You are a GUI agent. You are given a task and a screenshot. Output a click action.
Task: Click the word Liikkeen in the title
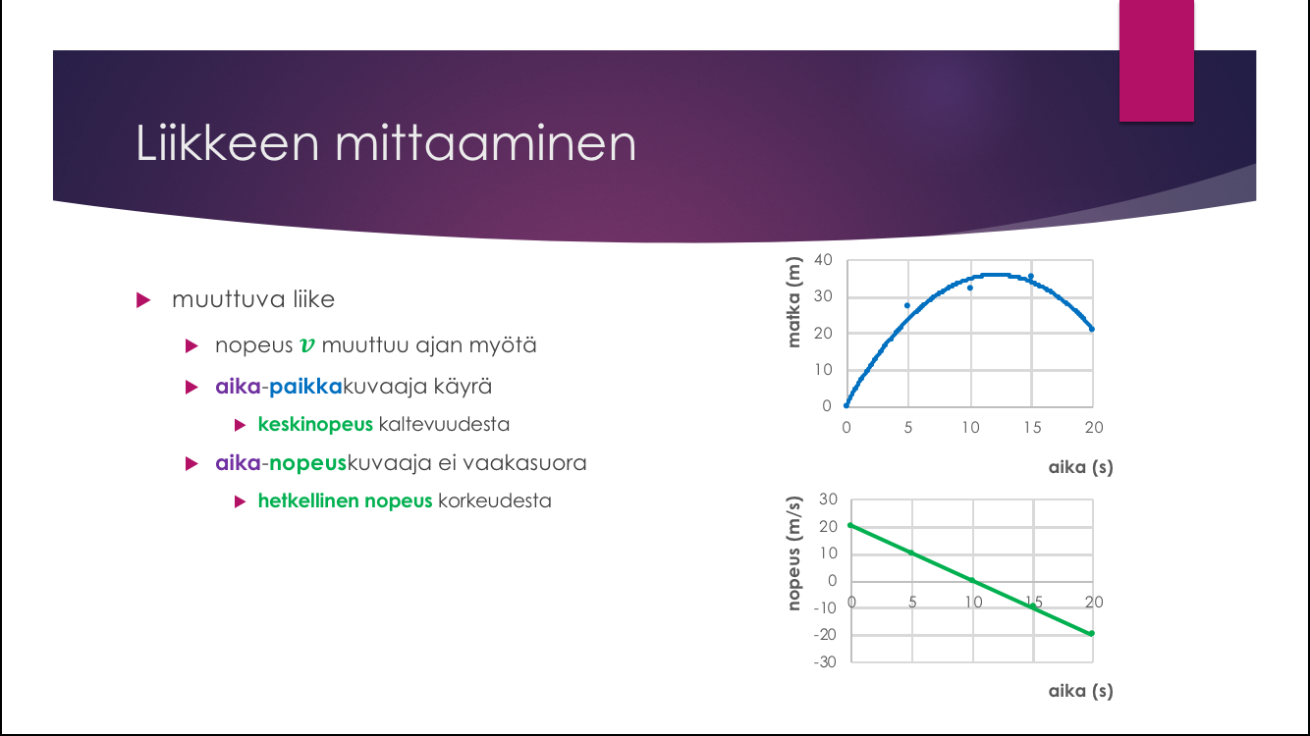point(228,142)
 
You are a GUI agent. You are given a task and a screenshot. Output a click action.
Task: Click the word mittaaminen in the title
point(485,142)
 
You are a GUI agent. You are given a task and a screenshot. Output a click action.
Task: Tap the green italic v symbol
point(307,345)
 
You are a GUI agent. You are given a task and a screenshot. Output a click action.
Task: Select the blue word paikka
point(305,387)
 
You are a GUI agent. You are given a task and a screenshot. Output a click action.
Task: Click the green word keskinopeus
point(315,424)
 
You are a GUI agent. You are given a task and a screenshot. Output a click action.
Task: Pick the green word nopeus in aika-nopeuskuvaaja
point(307,463)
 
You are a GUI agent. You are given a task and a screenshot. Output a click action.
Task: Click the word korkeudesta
point(495,501)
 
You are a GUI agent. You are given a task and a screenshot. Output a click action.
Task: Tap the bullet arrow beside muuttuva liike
point(143,300)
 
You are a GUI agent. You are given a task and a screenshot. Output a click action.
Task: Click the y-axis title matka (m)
point(793,302)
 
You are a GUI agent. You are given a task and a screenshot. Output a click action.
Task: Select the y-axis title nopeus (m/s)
point(793,553)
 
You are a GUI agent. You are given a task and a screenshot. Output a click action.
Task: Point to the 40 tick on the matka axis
point(823,259)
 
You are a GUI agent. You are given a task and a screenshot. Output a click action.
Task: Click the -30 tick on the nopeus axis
point(825,661)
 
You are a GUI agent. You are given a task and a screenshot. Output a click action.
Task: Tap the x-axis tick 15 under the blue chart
point(1032,427)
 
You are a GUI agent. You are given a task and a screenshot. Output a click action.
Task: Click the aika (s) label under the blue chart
point(1080,467)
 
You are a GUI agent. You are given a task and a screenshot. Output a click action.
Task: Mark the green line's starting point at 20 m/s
point(851,526)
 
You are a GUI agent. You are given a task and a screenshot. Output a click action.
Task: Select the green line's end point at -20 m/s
point(1091,634)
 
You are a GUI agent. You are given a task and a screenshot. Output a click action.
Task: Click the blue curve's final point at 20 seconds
point(1092,329)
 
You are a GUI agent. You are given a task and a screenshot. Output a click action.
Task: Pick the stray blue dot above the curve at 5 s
point(907,306)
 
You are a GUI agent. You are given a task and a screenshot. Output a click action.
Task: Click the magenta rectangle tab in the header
point(1157,61)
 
